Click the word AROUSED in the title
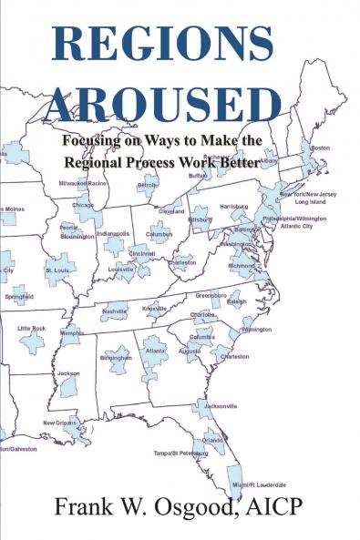point(165,102)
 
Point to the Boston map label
point(320,148)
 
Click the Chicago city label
point(83,206)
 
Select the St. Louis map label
point(57,270)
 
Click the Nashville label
point(115,311)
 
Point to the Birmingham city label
point(117,358)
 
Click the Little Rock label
point(32,327)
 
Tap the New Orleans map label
point(61,423)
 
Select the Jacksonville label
point(221,405)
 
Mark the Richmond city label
point(242,266)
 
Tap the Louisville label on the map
point(121,270)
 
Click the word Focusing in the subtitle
point(94,143)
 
